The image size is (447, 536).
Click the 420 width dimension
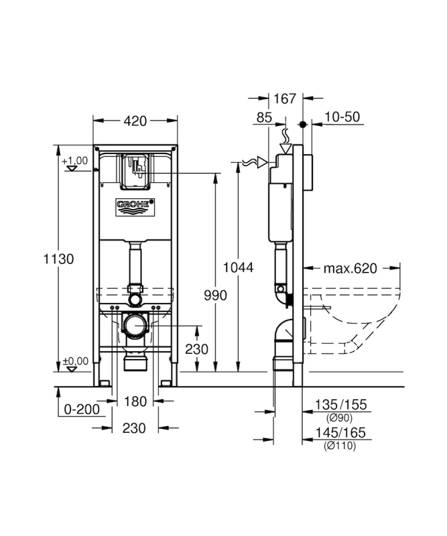tap(135, 121)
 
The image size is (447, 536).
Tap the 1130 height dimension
tap(58, 259)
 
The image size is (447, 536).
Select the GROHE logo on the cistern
tap(135, 207)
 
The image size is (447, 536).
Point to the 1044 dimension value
tap(239, 267)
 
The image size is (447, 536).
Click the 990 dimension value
tap(216, 295)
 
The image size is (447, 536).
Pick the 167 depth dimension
tap(285, 98)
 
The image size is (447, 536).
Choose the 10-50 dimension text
tap(342, 117)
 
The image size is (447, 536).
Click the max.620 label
tap(350, 269)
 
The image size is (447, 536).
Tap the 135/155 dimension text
tap(340, 405)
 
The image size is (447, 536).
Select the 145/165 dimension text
tap(340, 432)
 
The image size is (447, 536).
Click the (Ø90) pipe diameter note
tap(339, 417)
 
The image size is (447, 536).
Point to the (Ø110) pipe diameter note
tap(340, 446)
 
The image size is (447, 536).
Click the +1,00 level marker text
tap(74, 160)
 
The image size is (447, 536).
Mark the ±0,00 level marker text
tap(75, 361)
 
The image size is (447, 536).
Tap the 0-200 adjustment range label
tap(82, 409)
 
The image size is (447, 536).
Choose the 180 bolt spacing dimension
tap(135, 401)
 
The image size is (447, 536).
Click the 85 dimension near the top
tap(264, 117)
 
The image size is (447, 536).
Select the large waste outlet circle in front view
tap(135, 325)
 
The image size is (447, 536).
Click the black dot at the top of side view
tap(303, 124)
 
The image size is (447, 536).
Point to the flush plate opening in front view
tap(135, 171)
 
